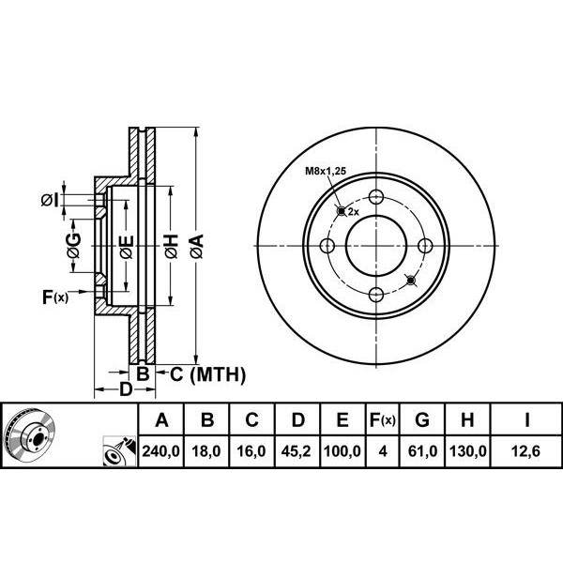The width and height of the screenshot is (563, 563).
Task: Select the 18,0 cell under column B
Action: click(x=206, y=451)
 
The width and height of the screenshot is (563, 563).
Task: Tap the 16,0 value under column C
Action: click(x=251, y=451)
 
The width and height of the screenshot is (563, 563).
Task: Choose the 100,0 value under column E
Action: click(x=342, y=451)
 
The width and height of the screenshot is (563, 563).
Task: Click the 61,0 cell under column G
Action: click(x=425, y=451)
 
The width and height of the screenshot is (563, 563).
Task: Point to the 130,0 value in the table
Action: click(x=469, y=451)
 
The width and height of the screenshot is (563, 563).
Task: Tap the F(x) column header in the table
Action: click(x=382, y=419)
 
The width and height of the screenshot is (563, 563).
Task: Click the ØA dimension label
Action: click(x=196, y=247)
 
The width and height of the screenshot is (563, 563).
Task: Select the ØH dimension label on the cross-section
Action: click(x=171, y=247)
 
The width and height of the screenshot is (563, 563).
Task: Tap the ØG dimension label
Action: click(x=73, y=247)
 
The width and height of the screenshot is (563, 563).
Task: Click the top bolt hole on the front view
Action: click(x=375, y=197)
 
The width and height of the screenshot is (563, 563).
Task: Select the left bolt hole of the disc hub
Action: click(x=327, y=246)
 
